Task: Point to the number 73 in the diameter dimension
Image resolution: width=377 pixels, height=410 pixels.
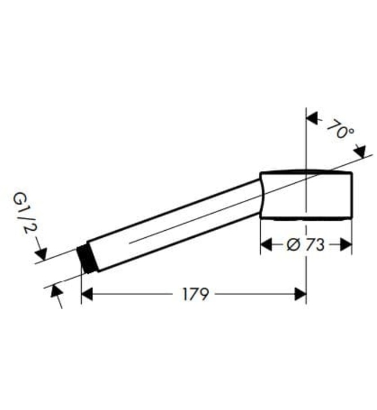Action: (x=314, y=245)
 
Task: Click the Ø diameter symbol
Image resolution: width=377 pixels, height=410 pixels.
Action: (x=294, y=245)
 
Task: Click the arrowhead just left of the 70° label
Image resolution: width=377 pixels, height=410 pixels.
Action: (x=313, y=119)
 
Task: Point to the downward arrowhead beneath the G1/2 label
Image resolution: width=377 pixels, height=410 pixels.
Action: (x=40, y=253)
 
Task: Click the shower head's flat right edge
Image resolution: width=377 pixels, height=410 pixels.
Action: (x=352, y=196)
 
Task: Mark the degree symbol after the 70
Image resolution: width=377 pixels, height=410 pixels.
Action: (x=351, y=135)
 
